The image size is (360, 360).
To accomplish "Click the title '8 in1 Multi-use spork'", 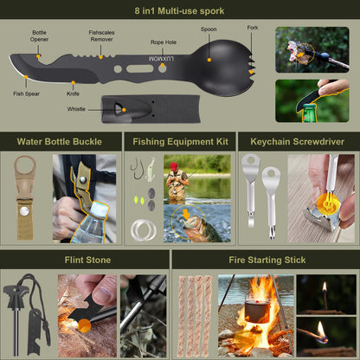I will tap(180, 11).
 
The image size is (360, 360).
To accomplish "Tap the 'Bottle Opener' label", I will tap(41, 37).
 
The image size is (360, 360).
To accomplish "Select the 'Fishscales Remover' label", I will tap(101, 35).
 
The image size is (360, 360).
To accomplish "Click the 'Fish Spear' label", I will tap(26, 93).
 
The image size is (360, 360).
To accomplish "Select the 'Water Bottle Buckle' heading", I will tap(59, 141).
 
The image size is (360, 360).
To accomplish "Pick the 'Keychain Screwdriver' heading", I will tap(298, 141).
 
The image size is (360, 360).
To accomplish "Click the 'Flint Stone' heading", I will tap(87, 259).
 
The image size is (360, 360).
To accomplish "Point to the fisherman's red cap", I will tap(174, 165).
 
